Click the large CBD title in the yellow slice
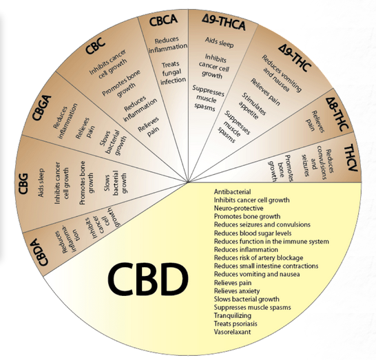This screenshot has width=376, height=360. pyautogui.click(x=147, y=279)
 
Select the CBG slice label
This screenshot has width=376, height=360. pyautogui.click(x=23, y=184)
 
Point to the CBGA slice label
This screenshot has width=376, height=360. pyautogui.click(x=42, y=107)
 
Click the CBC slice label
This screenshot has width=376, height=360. pyautogui.click(x=95, y=46)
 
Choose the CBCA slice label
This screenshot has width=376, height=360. pyautogui.click(x=163, y=20)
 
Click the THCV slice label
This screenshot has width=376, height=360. pyautogui.click(x=351, y=158)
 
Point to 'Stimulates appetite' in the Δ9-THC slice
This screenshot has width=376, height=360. pyautogui.click(x=252, y=106)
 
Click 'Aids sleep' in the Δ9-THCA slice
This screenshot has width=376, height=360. pyautogui.click(x=219, y=42)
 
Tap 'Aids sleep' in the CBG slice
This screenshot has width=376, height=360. pyautogui.click(x=41, y=182)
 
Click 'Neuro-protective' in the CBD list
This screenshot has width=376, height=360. pyautogui.click(x=238, y=209)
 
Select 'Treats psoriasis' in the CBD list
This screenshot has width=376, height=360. pyautogui.click(x=236, y=324)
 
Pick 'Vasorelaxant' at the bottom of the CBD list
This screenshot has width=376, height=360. pyautogui.click(x=232, y=332)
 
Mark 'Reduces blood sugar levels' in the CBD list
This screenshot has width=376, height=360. pyautogui.click(x=253, y=233)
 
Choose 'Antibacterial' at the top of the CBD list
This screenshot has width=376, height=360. pyautogui.click(x=232, y=192)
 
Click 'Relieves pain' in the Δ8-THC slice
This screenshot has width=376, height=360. pyautogui.click(x=315, y=121)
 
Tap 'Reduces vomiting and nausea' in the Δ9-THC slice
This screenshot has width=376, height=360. pyautogui.click(x=281, y=75)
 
